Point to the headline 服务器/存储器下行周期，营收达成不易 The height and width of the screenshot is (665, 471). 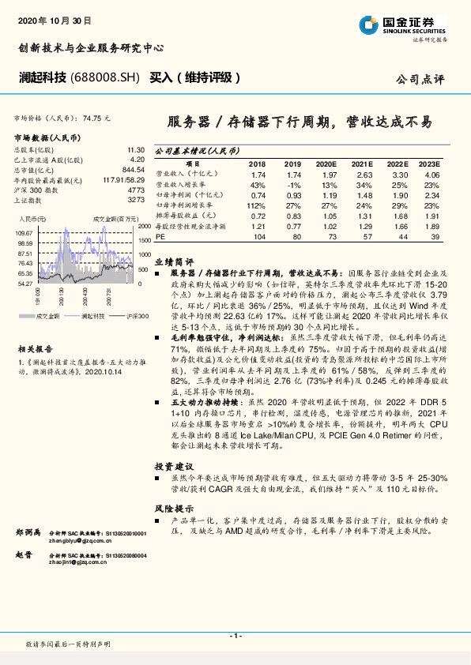[x=300, y=122]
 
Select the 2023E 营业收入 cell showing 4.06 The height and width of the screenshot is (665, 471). [x=431, y=175]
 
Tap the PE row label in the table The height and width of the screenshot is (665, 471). [x=160, y=235]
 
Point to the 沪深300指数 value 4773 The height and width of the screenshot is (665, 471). [x=136, y=190]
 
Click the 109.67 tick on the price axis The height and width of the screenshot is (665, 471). [x=24, y=233]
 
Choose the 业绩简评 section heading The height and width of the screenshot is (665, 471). [x=175, y=259]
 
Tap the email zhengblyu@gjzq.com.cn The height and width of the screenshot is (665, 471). [x=76, y=543]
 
